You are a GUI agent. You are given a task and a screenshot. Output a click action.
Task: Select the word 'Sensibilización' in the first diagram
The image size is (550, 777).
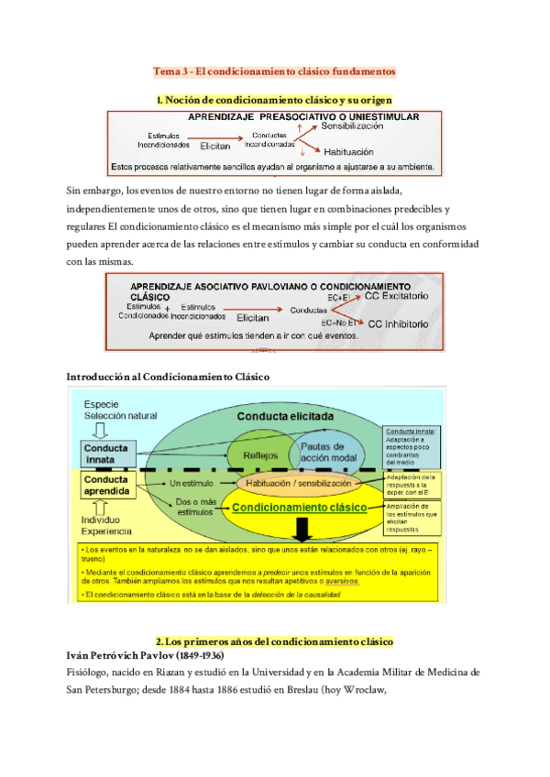(352, 127)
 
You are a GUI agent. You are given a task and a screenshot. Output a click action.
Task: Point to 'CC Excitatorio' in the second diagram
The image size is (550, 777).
(396, 298)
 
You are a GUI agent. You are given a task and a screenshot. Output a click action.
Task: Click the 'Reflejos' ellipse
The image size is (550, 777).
(258, 455)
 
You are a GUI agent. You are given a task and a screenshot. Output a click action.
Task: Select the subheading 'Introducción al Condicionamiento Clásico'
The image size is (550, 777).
(168, 378)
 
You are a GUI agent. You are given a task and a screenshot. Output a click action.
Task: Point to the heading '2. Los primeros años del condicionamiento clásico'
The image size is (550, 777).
(274, 640)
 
